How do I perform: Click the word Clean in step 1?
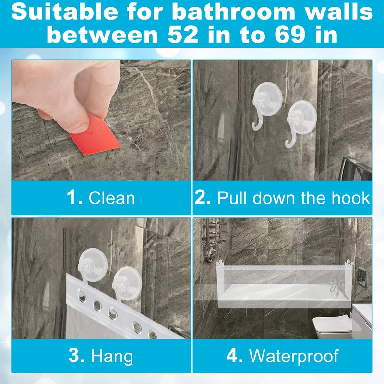coord(112,198)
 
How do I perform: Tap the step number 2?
coord(203,198)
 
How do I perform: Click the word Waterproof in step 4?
coord(294,356)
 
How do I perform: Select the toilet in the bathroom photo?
coord(326,326)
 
